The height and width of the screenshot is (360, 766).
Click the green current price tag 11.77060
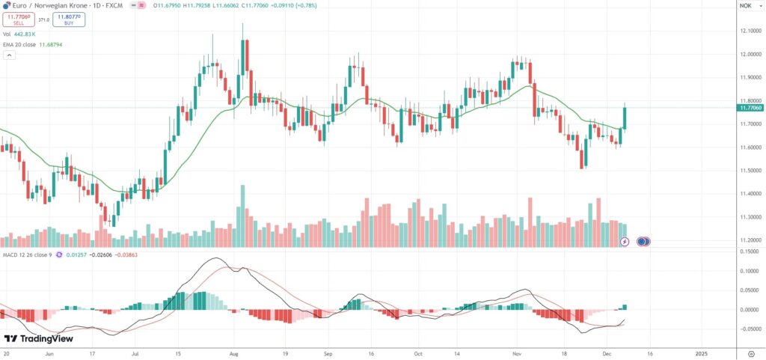point(750,108)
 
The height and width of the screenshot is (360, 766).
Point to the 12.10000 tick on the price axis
point(750,31)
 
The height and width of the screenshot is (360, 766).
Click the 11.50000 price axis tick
point(750,170)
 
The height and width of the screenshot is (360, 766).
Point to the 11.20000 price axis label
point(750,240)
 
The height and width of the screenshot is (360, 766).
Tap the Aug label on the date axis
point(233,352)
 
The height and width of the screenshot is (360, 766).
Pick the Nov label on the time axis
point(516,352)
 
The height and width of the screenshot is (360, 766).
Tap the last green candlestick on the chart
point(625,118)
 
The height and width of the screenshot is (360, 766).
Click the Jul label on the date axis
point(135,352)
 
